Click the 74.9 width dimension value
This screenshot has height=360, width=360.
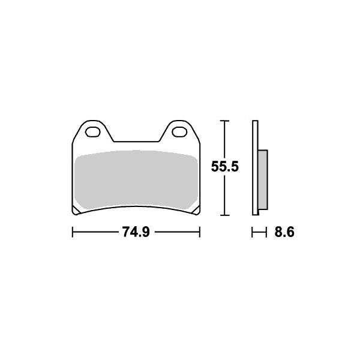(x=136, y=232)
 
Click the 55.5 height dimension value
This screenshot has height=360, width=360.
(x=225, y=166)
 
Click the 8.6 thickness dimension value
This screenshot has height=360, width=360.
(x=284, y=232)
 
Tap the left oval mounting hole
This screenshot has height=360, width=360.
(x=92, y=132)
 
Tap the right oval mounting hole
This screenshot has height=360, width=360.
(x=179, y=132)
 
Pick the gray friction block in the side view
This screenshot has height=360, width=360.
(x=263, y=179)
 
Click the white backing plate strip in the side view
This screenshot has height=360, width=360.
(x=255, y=167)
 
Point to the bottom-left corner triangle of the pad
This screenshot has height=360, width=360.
(x=76, y=211)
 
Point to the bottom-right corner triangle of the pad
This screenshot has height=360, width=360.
(x=196, y=211)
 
